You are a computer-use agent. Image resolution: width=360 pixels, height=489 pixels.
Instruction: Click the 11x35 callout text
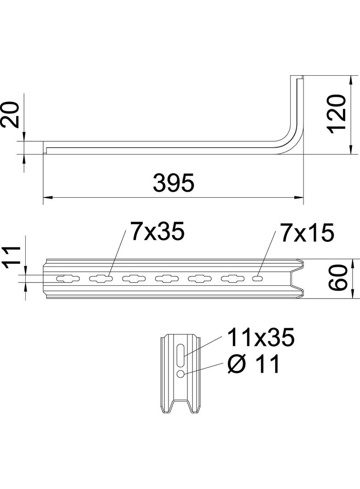pyautogui.click(x=259, y=339)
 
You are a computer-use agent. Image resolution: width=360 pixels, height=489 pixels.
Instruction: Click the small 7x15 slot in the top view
pyautogui.click(x=259, y=278)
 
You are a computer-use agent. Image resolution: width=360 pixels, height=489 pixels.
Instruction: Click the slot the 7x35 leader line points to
pyautogui.click(x=101, y=278)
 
